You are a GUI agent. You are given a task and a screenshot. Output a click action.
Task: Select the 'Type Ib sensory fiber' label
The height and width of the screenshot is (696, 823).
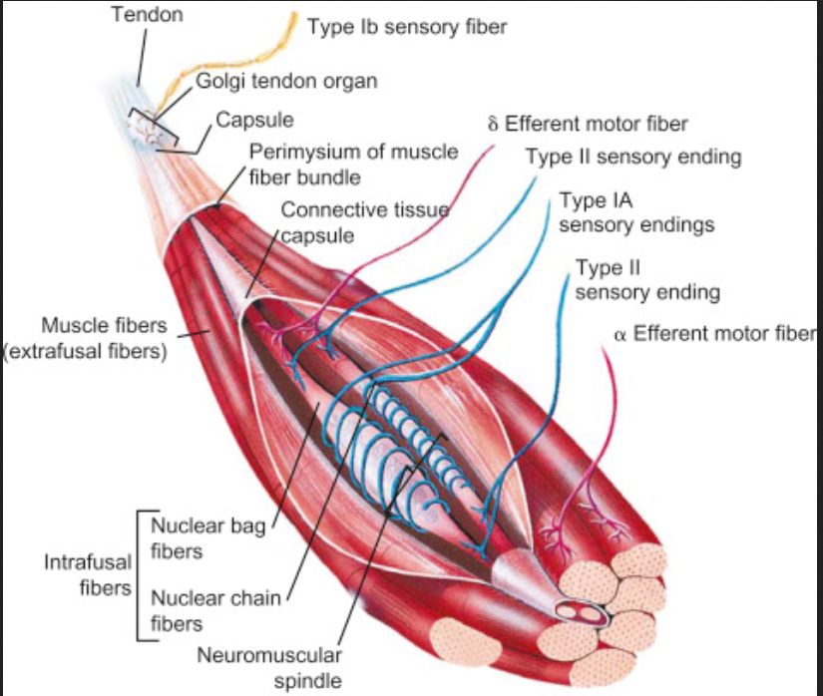[407, 27]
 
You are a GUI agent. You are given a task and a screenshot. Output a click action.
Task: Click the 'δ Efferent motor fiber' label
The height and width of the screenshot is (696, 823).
[588, 125]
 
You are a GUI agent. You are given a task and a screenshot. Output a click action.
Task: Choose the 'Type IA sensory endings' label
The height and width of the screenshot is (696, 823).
[636, 212]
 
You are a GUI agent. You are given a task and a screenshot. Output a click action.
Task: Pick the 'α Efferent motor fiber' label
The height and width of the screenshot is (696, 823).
[714, 334]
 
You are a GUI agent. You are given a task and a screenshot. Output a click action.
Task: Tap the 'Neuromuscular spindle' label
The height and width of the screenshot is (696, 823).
[269, 667]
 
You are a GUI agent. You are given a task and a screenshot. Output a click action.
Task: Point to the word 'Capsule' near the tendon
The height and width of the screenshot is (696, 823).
[254, 121]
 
